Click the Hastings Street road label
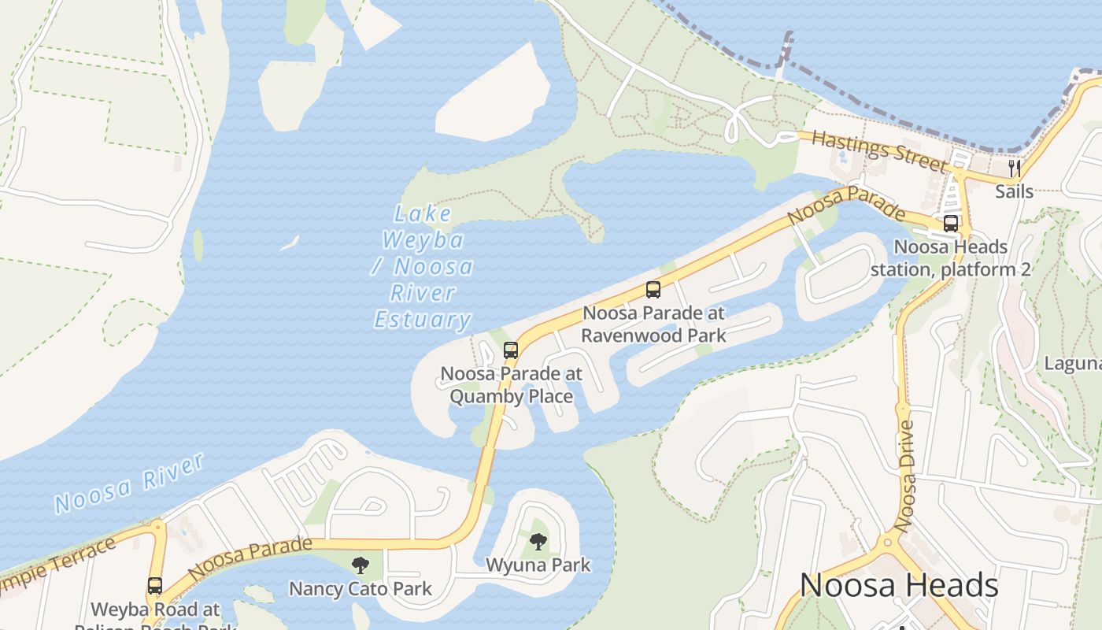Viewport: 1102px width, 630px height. (x=878, y=150)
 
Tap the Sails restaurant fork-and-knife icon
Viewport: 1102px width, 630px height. (x=1015, y=168)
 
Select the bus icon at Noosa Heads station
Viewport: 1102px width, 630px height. (x=951, y=223)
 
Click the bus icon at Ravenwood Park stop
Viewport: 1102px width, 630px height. (x=653, y=289)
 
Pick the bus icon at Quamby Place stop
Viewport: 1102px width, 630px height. (x=511, y=350)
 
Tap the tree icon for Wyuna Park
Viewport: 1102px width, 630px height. (x=538, y=541)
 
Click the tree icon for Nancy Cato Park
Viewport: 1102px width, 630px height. (x=361, y=565)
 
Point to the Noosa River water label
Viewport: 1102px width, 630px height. (x=131, y=482)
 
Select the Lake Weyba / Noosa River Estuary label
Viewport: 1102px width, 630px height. (x=423, y=267)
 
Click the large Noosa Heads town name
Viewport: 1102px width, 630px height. (x=899, y=586)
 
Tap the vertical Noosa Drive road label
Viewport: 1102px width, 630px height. (x=906, y=476)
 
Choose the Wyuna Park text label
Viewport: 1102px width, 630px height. (x=538, y=565)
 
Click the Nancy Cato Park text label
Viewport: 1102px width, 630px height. (x=361, y=589)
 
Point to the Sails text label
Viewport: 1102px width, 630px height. (x=1015, y=191)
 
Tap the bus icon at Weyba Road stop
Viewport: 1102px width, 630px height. (x=155, y=586)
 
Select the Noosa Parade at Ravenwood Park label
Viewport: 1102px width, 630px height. (x=653, y=324)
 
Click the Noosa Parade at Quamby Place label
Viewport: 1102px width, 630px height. (x=511, y=385)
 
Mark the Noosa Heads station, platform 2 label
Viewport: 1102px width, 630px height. (x=950, y=258)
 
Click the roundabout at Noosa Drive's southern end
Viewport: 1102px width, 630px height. (x=888, y=541)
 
